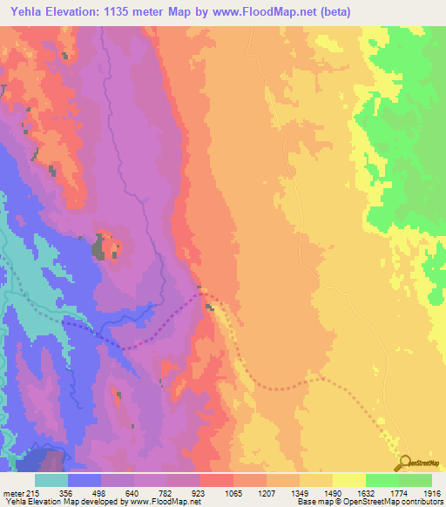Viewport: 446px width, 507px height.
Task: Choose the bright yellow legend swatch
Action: click(x=348, y=480)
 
